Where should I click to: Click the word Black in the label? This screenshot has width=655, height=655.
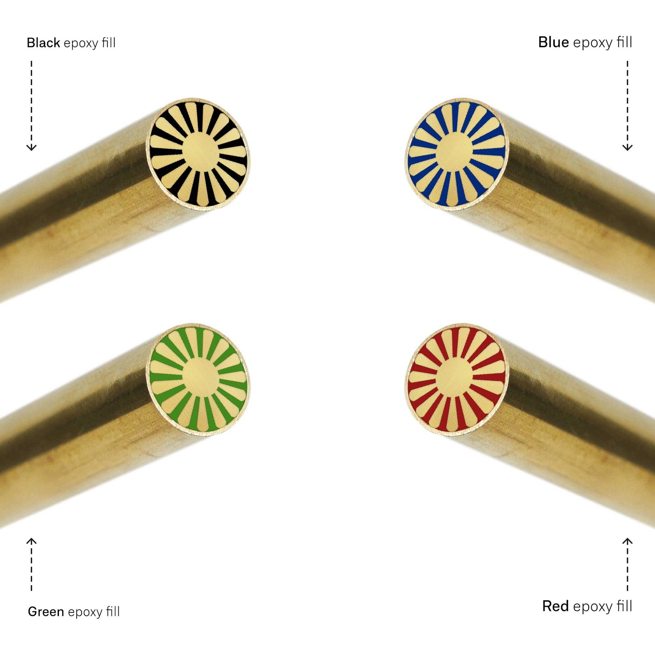point(43,43)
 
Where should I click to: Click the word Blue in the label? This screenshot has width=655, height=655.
point(553,42)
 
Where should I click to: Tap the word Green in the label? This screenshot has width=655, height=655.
point(46,611)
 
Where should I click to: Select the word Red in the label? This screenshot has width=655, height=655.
point(555,606)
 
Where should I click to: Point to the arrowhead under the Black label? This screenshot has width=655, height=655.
point(32,147)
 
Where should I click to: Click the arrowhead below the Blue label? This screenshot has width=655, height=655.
point(627,147)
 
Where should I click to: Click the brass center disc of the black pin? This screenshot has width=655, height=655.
point(200,150)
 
